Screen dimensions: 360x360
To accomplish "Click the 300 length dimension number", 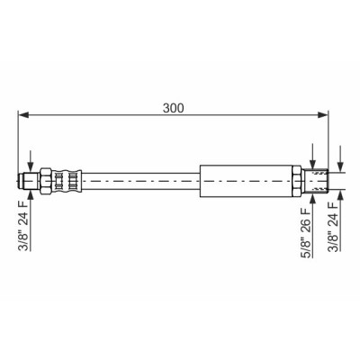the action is coord(173,108).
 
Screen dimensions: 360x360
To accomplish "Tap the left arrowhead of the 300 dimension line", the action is coord(23,114).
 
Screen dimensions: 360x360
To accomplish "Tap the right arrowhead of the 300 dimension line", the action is coord(323,114).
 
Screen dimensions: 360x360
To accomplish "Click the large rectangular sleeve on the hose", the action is coord(247,181).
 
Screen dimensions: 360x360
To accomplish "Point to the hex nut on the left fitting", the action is coord(46,181).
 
